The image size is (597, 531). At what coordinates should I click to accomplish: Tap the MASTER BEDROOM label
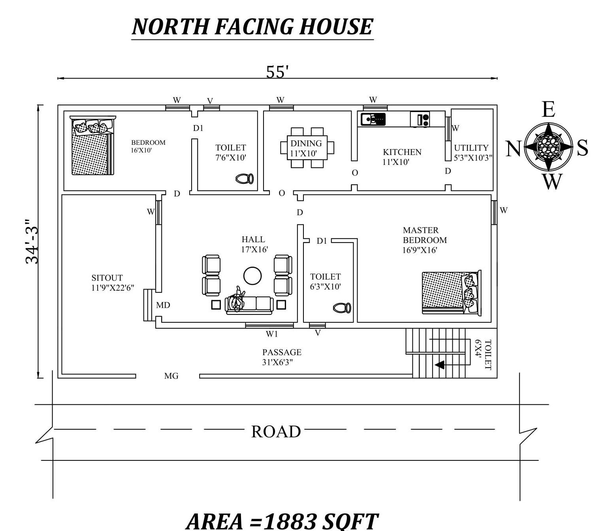tap(425, 235)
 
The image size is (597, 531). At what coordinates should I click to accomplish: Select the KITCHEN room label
tap(402, 152)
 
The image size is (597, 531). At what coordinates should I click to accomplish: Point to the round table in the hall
tap(252, 276)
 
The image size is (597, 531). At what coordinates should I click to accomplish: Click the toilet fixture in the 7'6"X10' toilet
tap(245, 179)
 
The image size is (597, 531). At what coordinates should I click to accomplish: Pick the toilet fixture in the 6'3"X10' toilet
tap(342, 308)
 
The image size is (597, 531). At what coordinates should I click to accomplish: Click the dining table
tap(307, 148)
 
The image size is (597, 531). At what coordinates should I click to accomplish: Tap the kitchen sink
tap(373, 119)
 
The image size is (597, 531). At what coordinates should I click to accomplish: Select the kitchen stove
tap(420, 119)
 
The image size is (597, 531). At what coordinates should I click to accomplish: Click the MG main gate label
tap(171, 376)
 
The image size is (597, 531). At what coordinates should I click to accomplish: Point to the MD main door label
tap(163, 305)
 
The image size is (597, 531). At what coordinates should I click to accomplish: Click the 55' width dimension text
tap(277, 71)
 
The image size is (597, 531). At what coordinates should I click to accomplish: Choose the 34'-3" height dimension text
tap(32, 241)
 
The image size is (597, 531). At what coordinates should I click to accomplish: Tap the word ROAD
tap(276, 432)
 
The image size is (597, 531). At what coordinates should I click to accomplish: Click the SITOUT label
tap(107, 278)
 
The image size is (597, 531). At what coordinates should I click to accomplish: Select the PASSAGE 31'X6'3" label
tap(282, 357)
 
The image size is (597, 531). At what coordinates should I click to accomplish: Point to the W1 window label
tap(272, 334)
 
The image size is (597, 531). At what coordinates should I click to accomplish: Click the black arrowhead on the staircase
tap(440, 365)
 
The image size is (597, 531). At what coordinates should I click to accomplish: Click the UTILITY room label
tap(471, 148)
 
